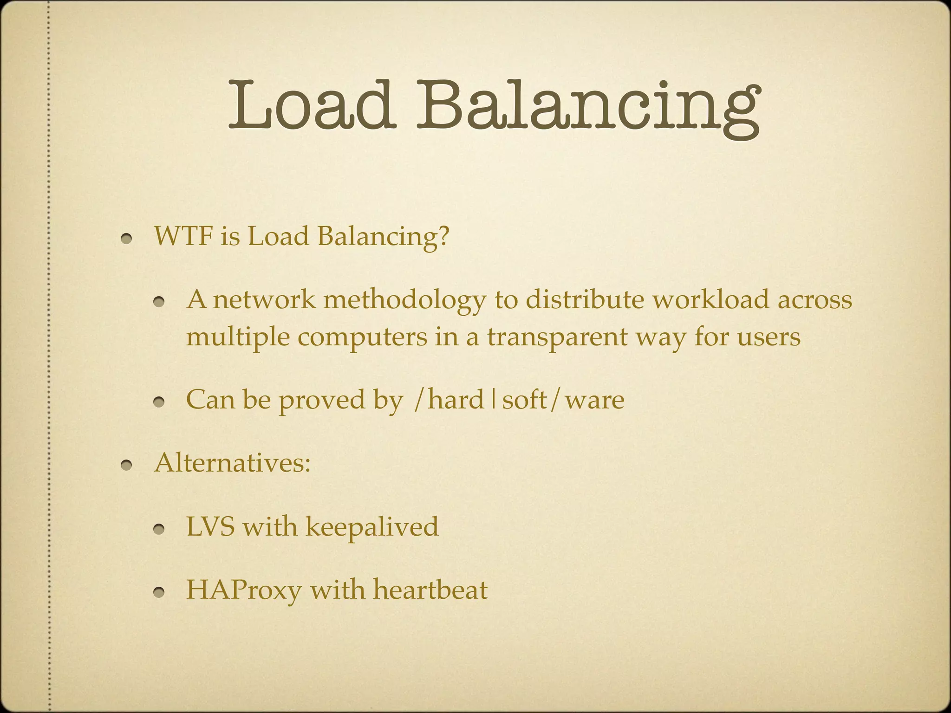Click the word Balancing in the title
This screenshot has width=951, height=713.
(587, 108)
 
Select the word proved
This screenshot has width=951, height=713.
(321, 401)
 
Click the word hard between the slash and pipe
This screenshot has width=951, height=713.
(456, 400)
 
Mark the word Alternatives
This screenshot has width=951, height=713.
(232, 463)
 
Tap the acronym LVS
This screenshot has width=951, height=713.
(210, 527)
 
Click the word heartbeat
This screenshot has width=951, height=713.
(430, 590)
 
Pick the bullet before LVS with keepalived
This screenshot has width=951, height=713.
(160, 530)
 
